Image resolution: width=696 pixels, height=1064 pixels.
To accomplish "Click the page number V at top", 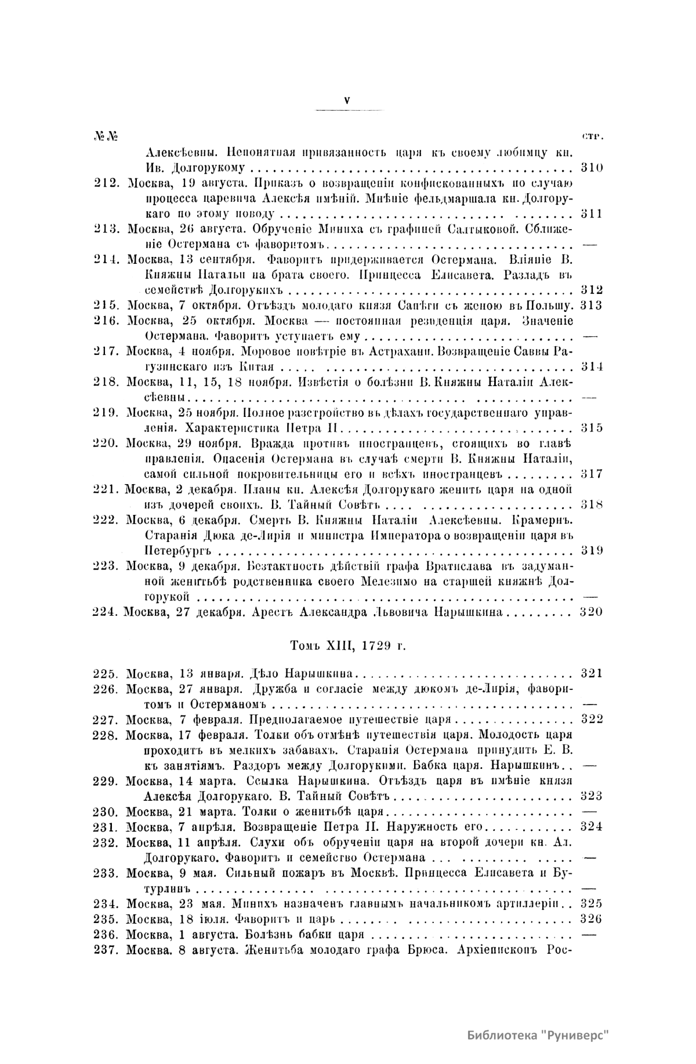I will [x=347, y=100].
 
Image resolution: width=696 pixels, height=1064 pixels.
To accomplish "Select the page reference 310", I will [x=591, y=168].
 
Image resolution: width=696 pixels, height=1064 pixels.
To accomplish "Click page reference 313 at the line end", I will [x=591, y=306].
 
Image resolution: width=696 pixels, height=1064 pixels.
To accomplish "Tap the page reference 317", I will [x=591, y=474].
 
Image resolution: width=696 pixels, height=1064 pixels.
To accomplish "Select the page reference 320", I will [x=591, y=612].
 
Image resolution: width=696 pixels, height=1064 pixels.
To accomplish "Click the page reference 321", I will [x=591, y=674].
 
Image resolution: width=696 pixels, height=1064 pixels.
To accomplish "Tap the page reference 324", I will [x=591, y=826].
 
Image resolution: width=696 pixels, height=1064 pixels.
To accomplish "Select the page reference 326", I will [x=591, y=919].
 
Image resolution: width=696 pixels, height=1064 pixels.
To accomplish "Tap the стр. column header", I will [x=592, y=137].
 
